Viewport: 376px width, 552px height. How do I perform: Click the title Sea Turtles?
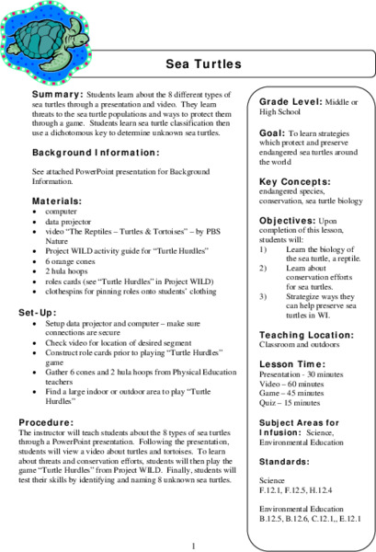click(202, 64)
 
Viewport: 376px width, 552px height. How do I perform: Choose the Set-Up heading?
click(47, 313)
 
